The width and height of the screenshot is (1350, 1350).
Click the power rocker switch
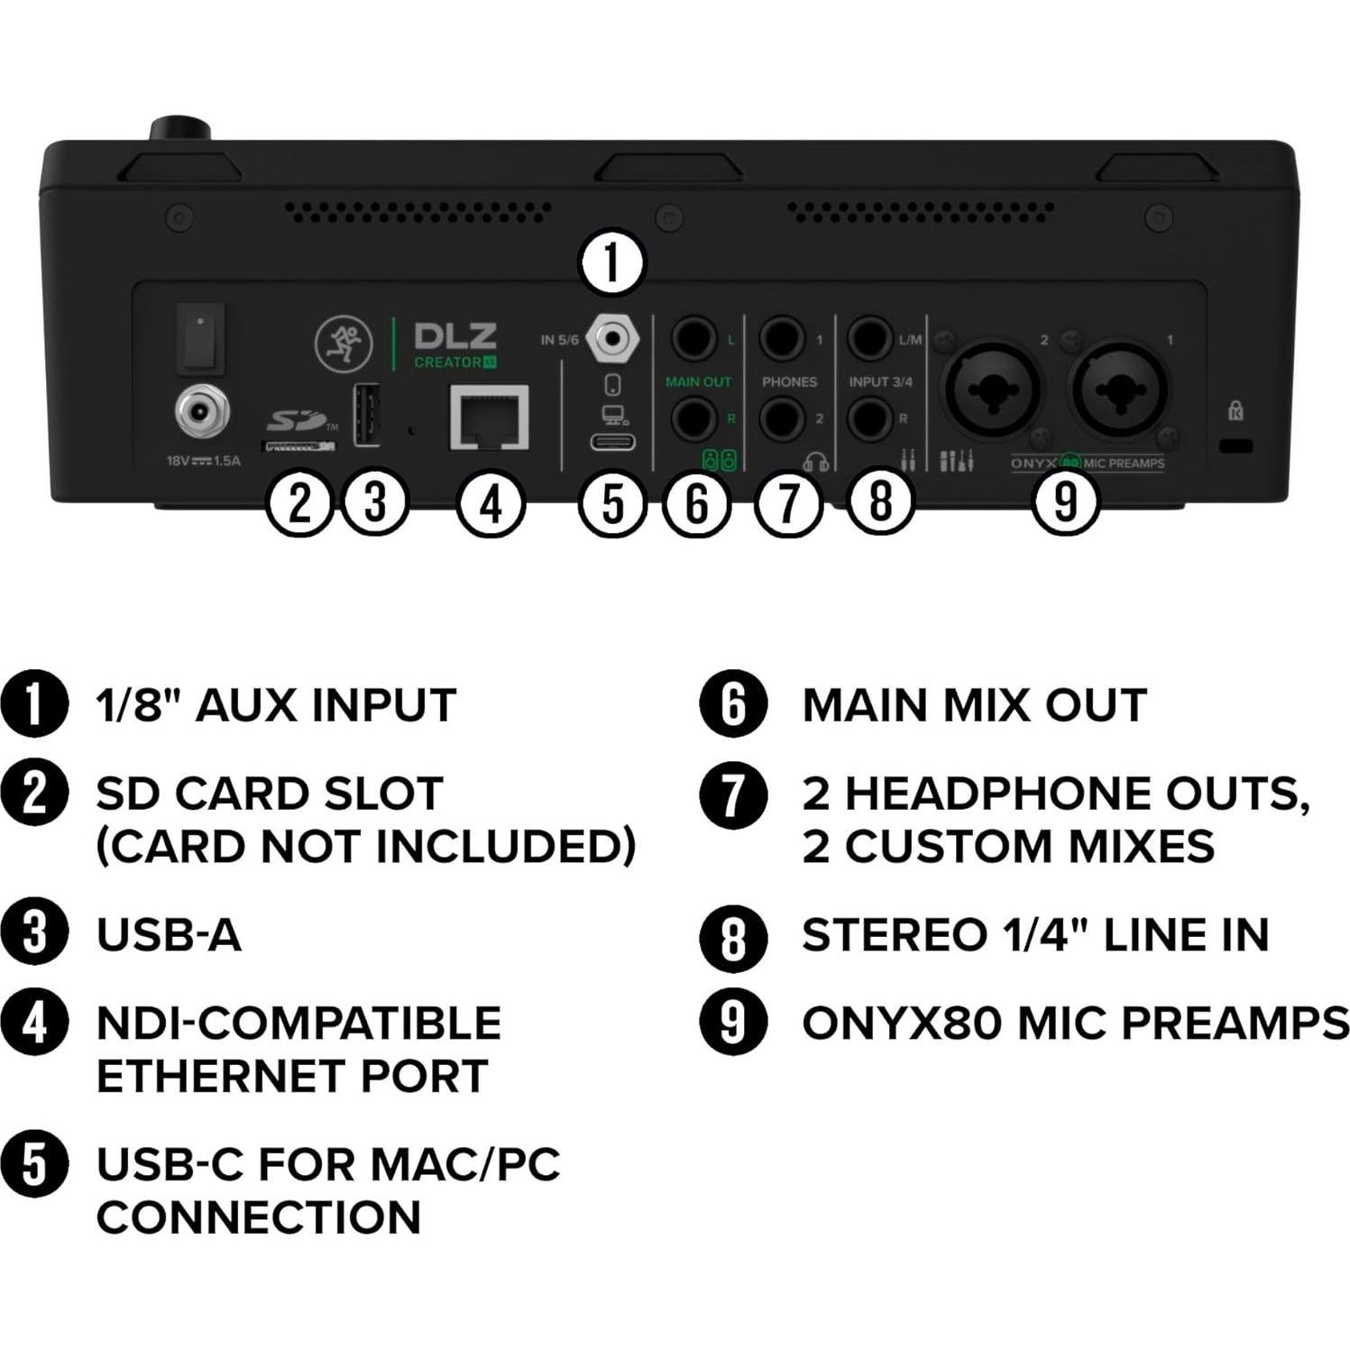point(199,337)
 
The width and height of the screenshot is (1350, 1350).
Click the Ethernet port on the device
point(489,418)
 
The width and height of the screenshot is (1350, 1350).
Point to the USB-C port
point(612,442)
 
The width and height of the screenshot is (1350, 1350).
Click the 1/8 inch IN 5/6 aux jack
point(612,339)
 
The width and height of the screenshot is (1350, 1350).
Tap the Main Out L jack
point(693,339)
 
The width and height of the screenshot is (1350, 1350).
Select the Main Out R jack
point(693,418)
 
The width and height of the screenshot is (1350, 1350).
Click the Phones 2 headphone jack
point(782,418)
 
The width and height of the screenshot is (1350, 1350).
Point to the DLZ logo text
point(455,336)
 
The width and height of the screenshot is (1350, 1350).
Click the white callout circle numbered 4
point(491,503)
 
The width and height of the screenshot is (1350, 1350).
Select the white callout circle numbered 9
point(1065,501)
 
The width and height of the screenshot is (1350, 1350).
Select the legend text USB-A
point(169,935)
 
